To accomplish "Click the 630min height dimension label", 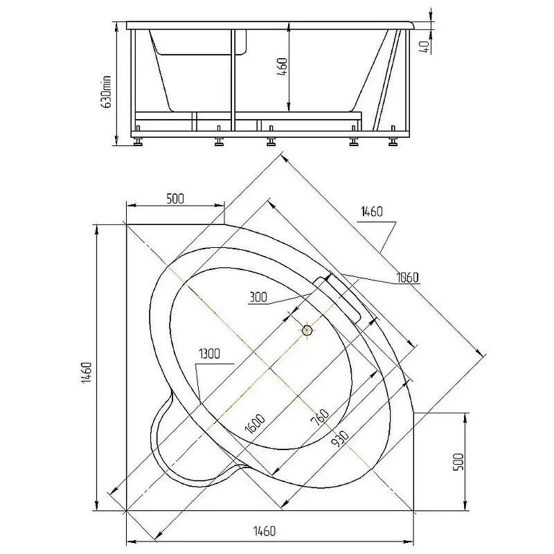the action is point(106,91).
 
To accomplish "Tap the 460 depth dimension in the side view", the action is point(283,67).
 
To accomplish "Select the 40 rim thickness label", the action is point(425,46).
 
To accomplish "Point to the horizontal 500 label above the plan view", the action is point(175,199).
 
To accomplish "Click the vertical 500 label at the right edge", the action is point(458,461).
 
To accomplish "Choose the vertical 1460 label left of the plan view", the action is point(87,373).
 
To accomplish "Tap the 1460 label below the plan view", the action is point(265,530).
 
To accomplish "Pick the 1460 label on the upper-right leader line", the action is point(372,212).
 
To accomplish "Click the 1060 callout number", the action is point(407,278).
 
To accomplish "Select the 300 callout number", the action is point(258,298).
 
